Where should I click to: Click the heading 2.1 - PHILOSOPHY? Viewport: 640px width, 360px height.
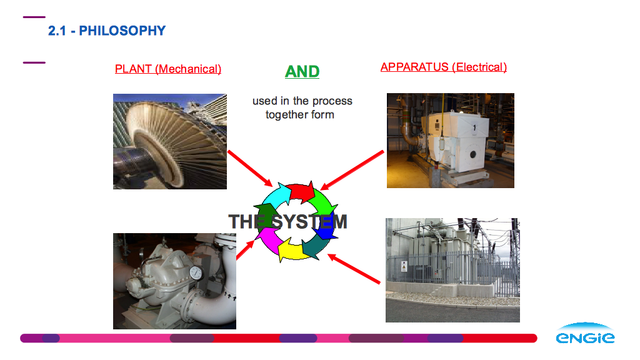pyautogui.click(x=107, y=31)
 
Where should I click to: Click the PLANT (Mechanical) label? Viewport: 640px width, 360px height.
pyautogui.click(x=168, y=69)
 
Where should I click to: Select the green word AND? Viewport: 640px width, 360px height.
pyautogui.click(x=302, y=71)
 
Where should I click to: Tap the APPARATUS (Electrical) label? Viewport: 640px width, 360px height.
pyautogui.click(x=444, y=67)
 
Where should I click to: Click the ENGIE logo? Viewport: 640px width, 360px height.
pyautogui.click(x=585, y=333)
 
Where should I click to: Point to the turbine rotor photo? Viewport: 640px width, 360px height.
pyautogui.click(x=170, y=141)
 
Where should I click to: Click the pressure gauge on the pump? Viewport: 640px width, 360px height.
pyautogui.click(x=196, y=272)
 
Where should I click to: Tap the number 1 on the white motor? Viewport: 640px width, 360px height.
pyautogui.click(x=474, y=127)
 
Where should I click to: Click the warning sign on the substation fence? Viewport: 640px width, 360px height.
pyautogui.click(x=404, y=266)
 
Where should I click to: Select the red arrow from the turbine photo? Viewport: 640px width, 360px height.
pyautogui.click(x=250, y=168)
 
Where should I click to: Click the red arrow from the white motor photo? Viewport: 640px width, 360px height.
pyautogui.click(x=352, y=171)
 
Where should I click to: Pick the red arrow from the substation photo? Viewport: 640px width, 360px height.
pyautogui.click(x=354, y=269)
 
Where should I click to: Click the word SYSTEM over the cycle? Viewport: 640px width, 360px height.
pyautogui.click(x=310, y=222)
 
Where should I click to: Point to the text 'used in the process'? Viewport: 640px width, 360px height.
pyautogui.click(x=302, y=101)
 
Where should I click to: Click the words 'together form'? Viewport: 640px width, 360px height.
pyautogui.click(x=300, y=115)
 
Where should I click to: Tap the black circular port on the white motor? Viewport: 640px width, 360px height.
pyautogui.click(x=473, y=155)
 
